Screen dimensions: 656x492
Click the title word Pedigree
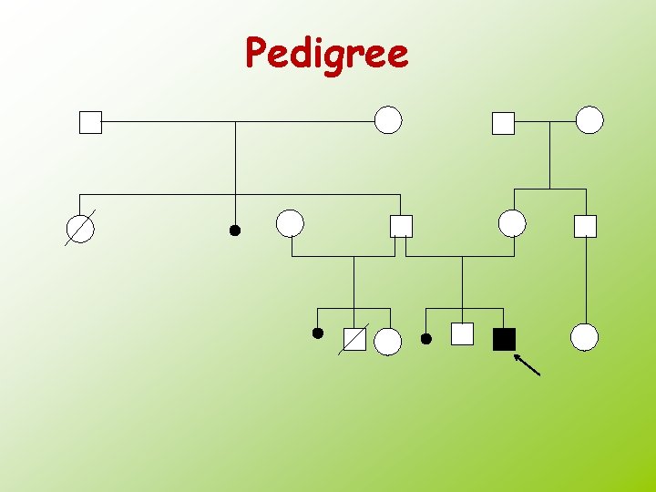coord(327,54)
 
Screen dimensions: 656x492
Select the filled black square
coord(504,339)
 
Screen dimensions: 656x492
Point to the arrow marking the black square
coord(528,365)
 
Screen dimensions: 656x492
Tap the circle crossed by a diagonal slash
coord(80,228)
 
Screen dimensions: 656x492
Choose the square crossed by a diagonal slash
coord(354,340)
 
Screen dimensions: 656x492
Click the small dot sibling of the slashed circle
coord(234,231)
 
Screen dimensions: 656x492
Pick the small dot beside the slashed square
coord(317,333)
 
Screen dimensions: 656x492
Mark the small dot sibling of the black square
coord(425,339)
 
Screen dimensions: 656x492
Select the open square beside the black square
coord(463,334)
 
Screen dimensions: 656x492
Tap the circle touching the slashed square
coord(388,341)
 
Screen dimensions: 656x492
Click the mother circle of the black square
coord(512,223)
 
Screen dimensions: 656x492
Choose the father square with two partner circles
coord(401,226)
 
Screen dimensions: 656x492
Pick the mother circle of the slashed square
coord(290,223)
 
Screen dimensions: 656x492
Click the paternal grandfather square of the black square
coord(90,122)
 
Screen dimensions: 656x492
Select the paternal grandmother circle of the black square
coord(388,120)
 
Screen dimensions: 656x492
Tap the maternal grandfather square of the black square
coord(503,122)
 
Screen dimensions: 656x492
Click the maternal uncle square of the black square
coord(585,226)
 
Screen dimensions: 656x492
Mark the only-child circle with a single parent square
coord(584,337)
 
